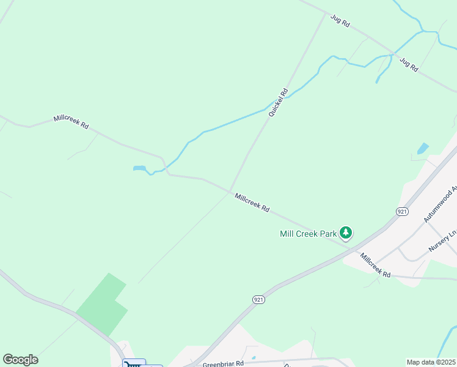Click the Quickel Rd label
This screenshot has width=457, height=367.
click(x=278, y=103)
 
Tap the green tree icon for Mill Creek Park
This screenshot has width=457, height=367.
click(x=346, y=232)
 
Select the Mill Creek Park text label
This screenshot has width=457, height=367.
click(x=308, y=234)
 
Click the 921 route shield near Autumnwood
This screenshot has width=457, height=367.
click(x=401, y=212)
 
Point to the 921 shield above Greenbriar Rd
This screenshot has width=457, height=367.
click(x=258, y=299)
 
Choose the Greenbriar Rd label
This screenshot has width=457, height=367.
click(x=224, y=363)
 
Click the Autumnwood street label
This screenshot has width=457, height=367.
click(x=441, y=206)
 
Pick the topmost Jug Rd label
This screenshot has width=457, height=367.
click(x=340, y=21)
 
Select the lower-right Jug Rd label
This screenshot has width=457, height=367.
click(x=408, y=64)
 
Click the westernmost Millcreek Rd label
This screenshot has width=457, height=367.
click(x=71, y=122)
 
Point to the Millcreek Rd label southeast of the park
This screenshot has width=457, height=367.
click(x=375, y=265)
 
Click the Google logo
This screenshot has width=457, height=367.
click(x=20, y=359)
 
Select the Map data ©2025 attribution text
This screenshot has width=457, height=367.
click(x=431, y=362)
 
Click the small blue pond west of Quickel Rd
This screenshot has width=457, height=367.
click(x=140, y=168)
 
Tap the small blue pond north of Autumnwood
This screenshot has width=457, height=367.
click(x=422, y=148)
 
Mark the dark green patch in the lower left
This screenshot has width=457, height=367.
click(x=101, y=304)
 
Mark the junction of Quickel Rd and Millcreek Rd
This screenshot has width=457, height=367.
click(x=230, y=190)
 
